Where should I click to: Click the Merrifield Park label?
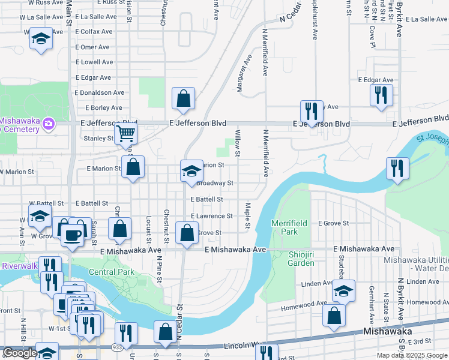(x=289, y=227)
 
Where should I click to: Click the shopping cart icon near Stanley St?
(x=126, y=133)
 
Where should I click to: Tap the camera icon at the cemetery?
(x=49, y=125)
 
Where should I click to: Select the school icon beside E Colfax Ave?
(x=41, y=39)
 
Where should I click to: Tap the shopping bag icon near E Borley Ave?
(x=183, y=99)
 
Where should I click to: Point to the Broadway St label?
(x=214, y=183)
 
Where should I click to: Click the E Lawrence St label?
(x=211, y=216)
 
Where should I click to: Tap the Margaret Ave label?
(x=244, y=75)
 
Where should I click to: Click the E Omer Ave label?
(x=92, y=47)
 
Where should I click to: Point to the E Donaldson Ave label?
(x=100, y=93)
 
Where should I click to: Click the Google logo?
(x=20, y=353)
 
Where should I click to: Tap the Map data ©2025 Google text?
(x=412, y=355)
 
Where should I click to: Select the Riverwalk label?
(x=20, y=266)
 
